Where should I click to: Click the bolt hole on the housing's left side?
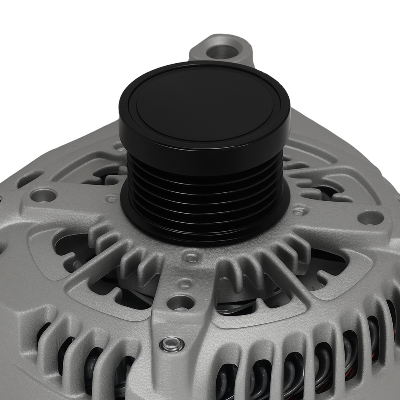pyautogui.click(x=43, y=195)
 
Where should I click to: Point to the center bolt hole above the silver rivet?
pyautogui.click(x=180, y=302)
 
